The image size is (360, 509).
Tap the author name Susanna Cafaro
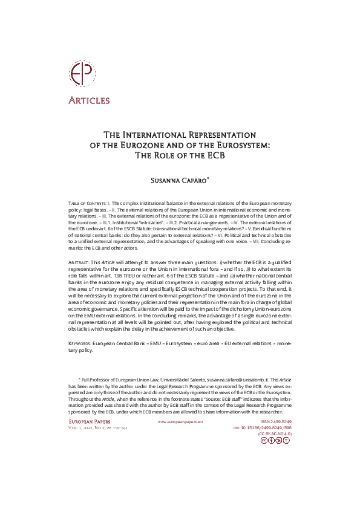179,180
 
